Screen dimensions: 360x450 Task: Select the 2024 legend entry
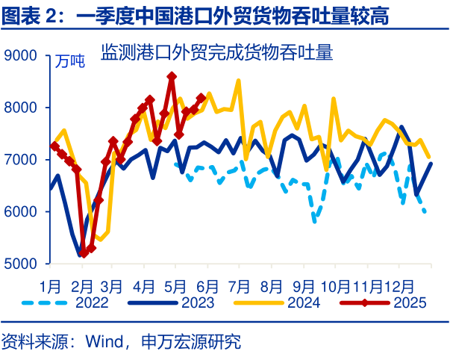tap(302, 302)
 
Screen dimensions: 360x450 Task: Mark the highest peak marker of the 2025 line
tap(172, 76)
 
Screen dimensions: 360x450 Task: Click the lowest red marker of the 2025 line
tap(84, 254)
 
